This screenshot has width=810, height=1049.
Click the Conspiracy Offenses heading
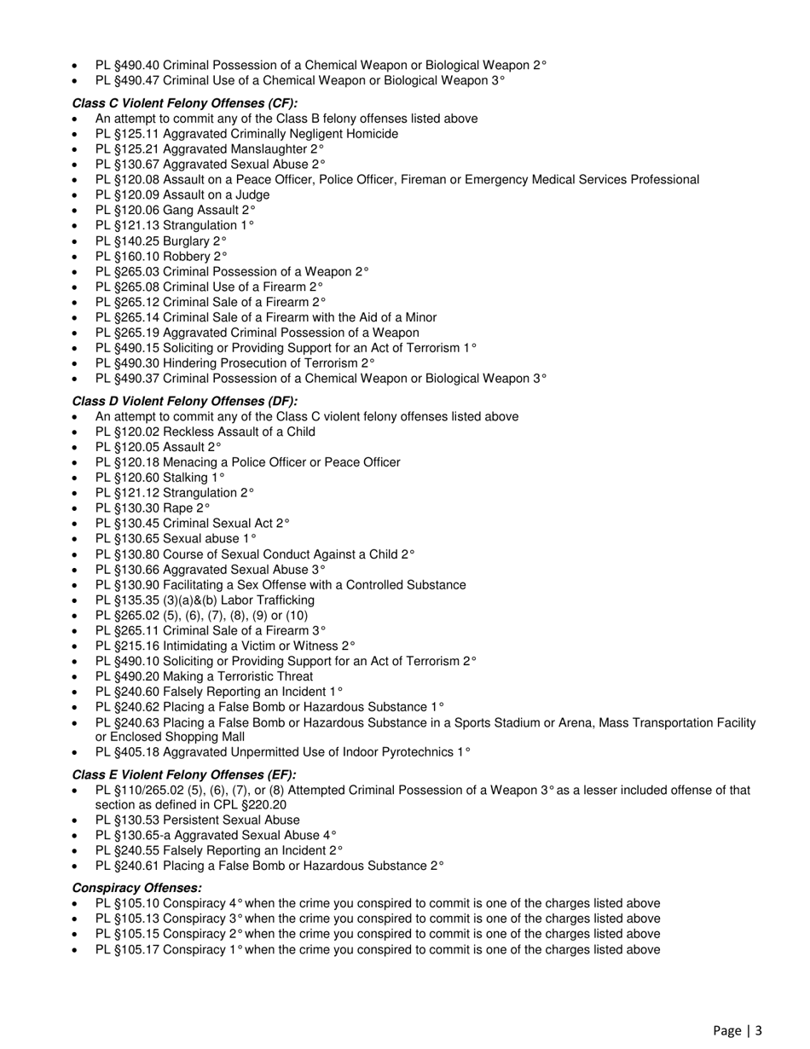tap(137, 888)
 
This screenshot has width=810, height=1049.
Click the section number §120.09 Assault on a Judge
tap(136, 194)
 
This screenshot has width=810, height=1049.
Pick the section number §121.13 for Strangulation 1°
tap(136, 225)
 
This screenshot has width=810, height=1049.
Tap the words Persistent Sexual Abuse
tap(231, 820)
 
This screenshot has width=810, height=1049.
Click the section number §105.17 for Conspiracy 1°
tap(136, 948)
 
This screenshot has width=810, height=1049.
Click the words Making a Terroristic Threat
tap(238, 676)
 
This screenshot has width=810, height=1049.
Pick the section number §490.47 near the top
tap(136, 80)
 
